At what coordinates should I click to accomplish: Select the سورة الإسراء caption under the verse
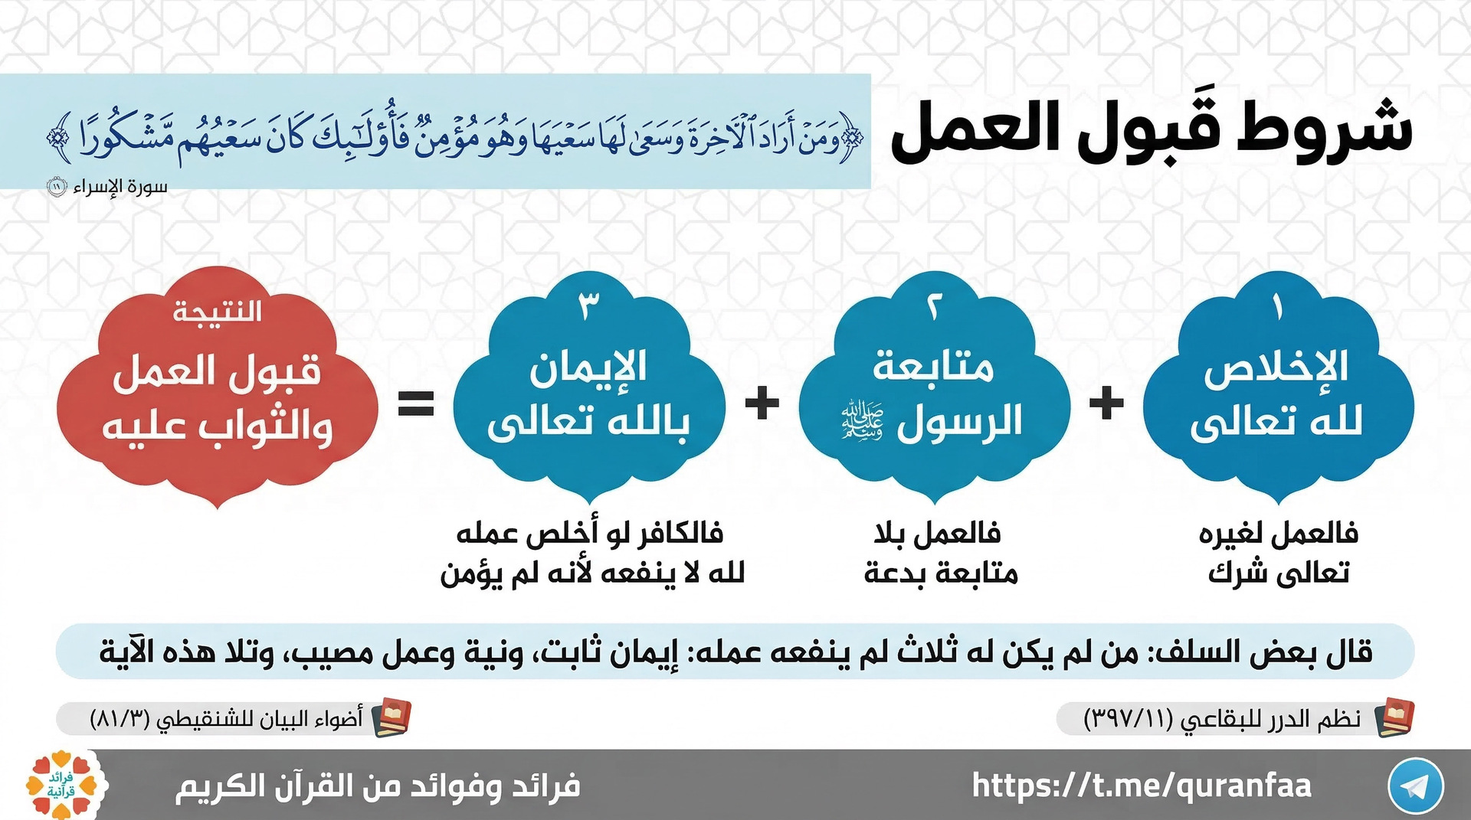[120, 187]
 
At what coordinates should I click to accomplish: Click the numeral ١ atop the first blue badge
[1277, 308]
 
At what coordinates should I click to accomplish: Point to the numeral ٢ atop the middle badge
[933, 308]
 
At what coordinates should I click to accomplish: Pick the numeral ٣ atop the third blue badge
[588, 306]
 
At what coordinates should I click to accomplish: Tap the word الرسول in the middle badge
[959, 421]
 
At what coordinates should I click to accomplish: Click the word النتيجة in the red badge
[217, 312]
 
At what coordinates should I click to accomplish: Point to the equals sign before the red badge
[416, 403]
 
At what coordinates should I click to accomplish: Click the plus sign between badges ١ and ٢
[1106, 403]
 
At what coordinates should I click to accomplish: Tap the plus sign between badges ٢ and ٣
[762, 403]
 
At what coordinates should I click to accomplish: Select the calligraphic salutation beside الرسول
[863, 420]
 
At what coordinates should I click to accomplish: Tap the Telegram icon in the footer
[1415, 786]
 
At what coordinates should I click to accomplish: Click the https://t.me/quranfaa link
[1142, 786]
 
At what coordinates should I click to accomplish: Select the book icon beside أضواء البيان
[392, 717]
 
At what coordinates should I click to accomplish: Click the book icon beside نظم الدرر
[1394, 717]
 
